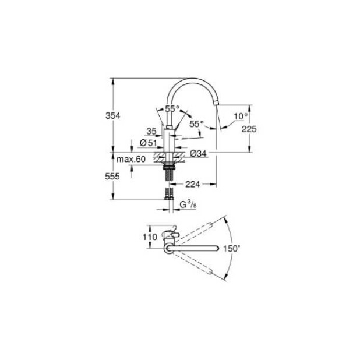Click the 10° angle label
(240, 116)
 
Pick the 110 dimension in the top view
(150, 238)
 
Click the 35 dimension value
(152, 132)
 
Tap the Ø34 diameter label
(198, 154)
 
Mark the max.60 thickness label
(130, 159)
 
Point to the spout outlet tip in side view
(218, 103)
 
